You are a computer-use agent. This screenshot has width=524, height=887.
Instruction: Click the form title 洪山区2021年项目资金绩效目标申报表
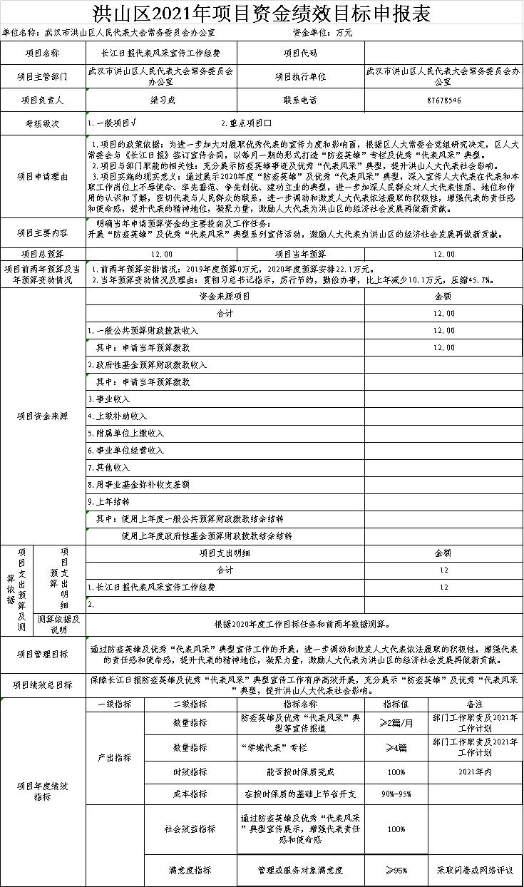coord(262,13)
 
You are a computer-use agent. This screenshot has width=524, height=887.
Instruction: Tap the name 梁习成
coord(163,101)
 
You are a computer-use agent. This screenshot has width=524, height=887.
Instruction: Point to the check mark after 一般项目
coord(134,123)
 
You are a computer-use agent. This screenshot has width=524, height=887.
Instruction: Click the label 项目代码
coord(300,53)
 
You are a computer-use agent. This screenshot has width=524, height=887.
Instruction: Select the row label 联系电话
coord(300,101)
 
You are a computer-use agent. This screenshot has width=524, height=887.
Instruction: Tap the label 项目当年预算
coord(300,254)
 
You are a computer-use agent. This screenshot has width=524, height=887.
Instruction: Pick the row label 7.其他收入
coord(109,468)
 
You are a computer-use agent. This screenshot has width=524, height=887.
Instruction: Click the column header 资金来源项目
coord(225,296)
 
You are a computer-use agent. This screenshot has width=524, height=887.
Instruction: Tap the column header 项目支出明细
coord(225,553)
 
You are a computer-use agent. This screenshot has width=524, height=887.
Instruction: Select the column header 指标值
coord(396,704)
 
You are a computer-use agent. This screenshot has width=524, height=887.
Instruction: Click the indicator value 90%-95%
coord(396,794)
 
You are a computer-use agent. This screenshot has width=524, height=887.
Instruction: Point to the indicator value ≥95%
coord(396,871)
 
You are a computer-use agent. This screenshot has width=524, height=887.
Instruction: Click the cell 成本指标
coord(190,794)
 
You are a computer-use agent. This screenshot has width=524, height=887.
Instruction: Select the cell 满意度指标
coord(190,871)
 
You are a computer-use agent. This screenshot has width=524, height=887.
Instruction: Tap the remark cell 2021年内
coord(476,771)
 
